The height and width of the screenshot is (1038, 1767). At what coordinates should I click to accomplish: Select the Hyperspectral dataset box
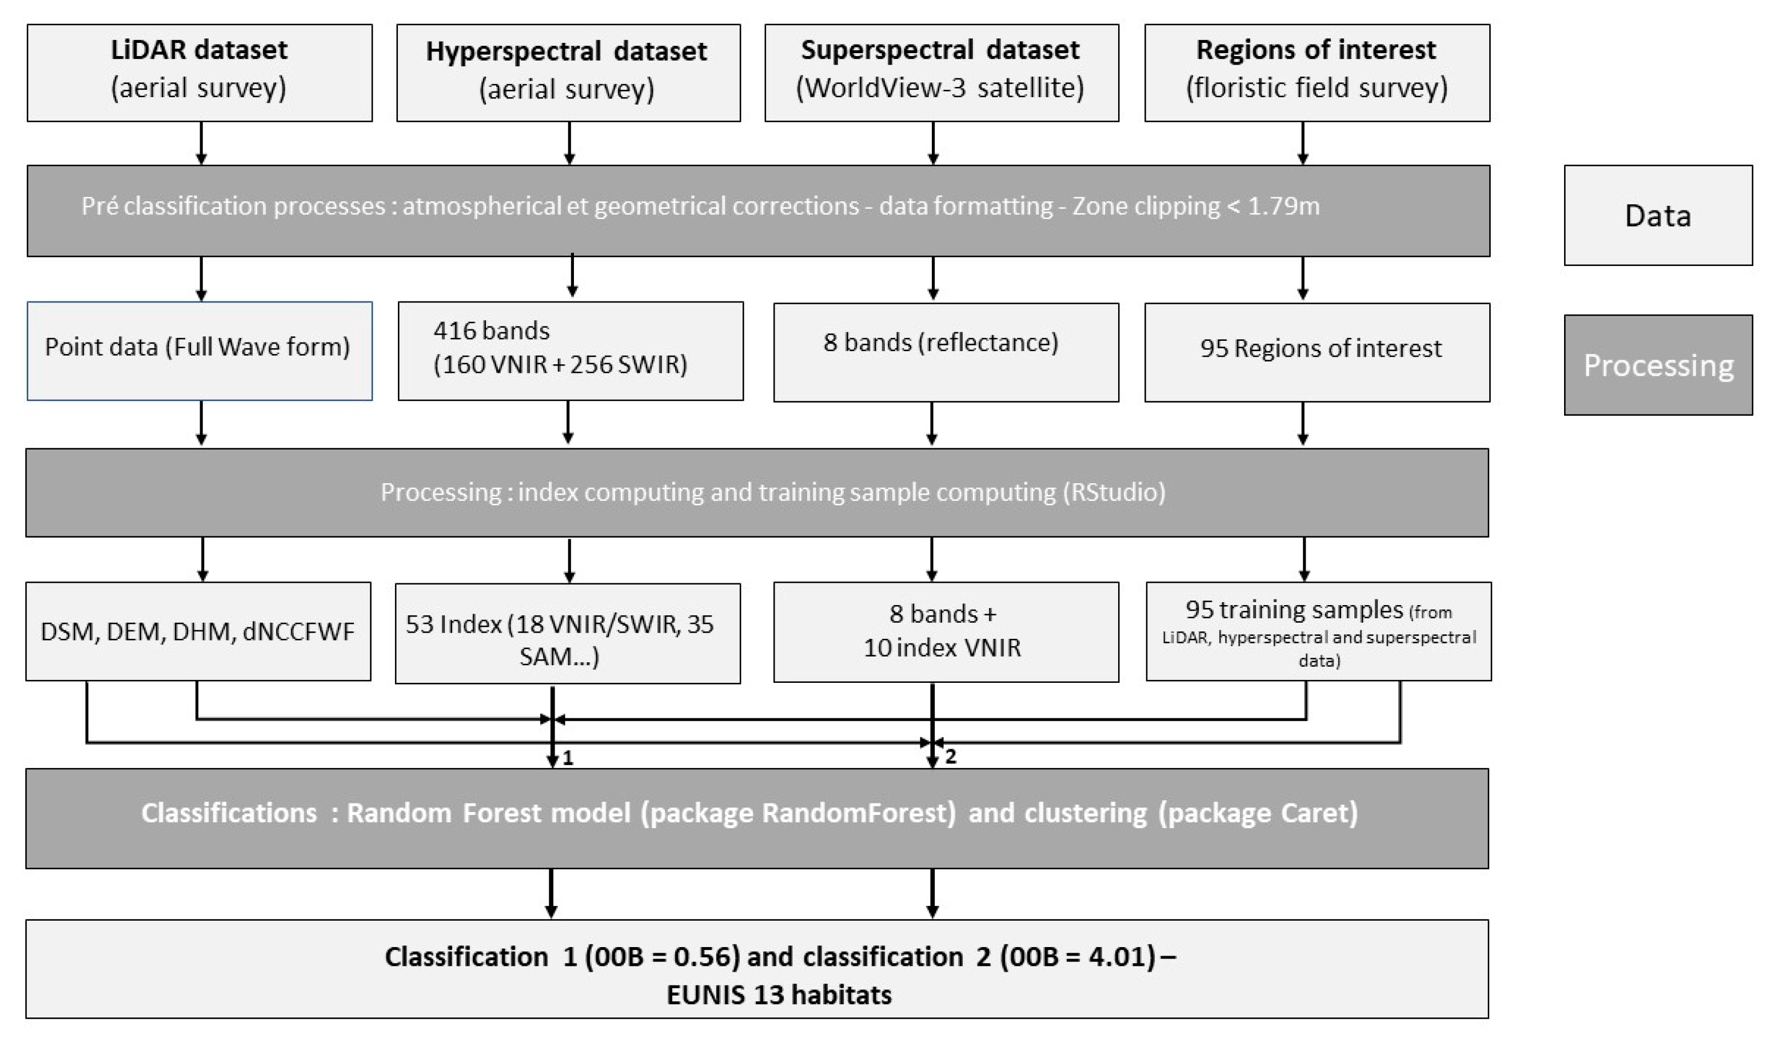[x=568, y=73]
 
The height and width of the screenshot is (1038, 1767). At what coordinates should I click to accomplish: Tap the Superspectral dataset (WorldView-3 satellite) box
[x=941, y=73]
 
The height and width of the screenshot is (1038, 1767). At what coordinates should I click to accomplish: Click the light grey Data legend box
[x=1658, y=215]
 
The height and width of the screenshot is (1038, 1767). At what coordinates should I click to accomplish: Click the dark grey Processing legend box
[x=1658, y=365]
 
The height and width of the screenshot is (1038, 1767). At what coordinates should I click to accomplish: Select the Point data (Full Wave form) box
[x=199, y=351]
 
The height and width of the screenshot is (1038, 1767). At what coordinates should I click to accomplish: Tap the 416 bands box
[x=570, y=351]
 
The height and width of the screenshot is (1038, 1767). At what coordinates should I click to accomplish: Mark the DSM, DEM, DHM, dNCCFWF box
[x=198, y=631]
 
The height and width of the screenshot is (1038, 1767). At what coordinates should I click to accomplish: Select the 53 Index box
[x=567, y=633]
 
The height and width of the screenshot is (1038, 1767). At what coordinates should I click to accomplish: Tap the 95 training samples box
[x=1318, y=631]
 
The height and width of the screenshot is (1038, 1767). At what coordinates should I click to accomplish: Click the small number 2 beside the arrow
[x=950, y=757]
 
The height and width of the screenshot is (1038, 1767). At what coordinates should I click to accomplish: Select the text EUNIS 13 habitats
[x=779, y=995]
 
